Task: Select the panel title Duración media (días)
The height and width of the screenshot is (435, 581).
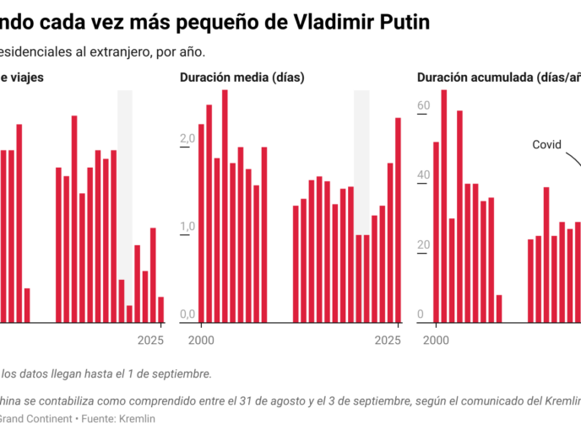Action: tap(242, 78)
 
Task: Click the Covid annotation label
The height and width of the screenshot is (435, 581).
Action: tap(546, 145)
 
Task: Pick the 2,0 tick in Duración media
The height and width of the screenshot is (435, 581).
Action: tap(186, 139)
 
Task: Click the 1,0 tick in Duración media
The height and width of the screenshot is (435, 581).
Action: tap(186, 227)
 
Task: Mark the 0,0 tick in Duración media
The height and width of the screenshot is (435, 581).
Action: tap(186, 314)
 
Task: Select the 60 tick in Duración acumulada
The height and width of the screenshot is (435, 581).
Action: tap(423, 105)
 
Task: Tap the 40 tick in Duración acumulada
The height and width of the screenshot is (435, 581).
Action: tap(423, 175)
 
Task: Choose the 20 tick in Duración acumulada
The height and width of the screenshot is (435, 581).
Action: tap(423, 245)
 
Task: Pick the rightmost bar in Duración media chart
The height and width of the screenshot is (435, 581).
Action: tap(399, 220)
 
